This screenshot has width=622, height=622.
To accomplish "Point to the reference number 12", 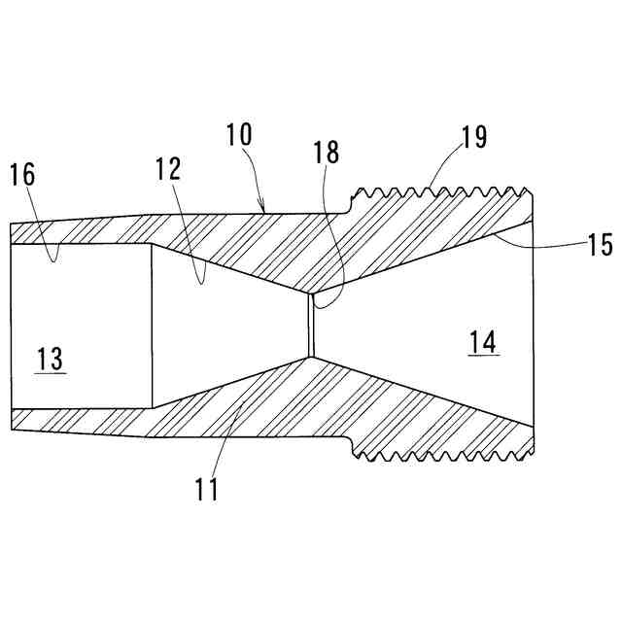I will tap(168, 169).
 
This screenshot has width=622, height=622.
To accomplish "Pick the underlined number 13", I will tap(50, 360).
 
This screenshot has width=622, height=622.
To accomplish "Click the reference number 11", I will tap(205, 484).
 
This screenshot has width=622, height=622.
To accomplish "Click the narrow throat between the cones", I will tap(310, 326).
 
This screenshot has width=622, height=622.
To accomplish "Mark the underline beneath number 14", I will tap(482, 355).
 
